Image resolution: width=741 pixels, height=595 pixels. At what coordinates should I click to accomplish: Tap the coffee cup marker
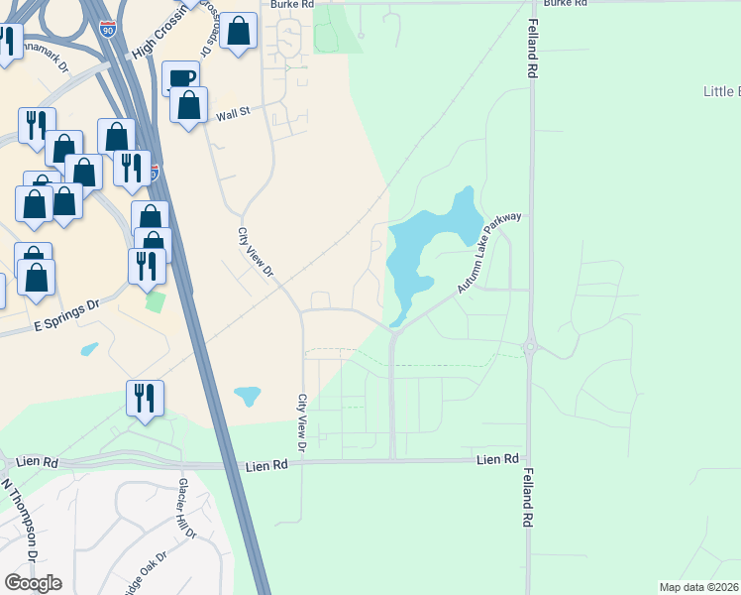(x=180, y=78)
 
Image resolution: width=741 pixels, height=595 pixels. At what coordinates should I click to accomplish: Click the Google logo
(x=33, y=582)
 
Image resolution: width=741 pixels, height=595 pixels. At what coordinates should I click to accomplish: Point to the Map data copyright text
(x=699, y=587)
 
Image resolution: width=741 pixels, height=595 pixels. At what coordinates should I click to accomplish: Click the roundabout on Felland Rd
(x=529, y=348)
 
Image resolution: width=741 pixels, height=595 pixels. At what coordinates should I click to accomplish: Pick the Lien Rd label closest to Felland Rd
(x=497, y=459)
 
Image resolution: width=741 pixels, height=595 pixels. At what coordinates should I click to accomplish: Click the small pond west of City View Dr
(x=247, y=397)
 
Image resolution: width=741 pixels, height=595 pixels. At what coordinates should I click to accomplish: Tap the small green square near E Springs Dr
(x=154, y=300)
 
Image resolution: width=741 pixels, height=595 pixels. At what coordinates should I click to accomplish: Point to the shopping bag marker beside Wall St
(x=188, y=105)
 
